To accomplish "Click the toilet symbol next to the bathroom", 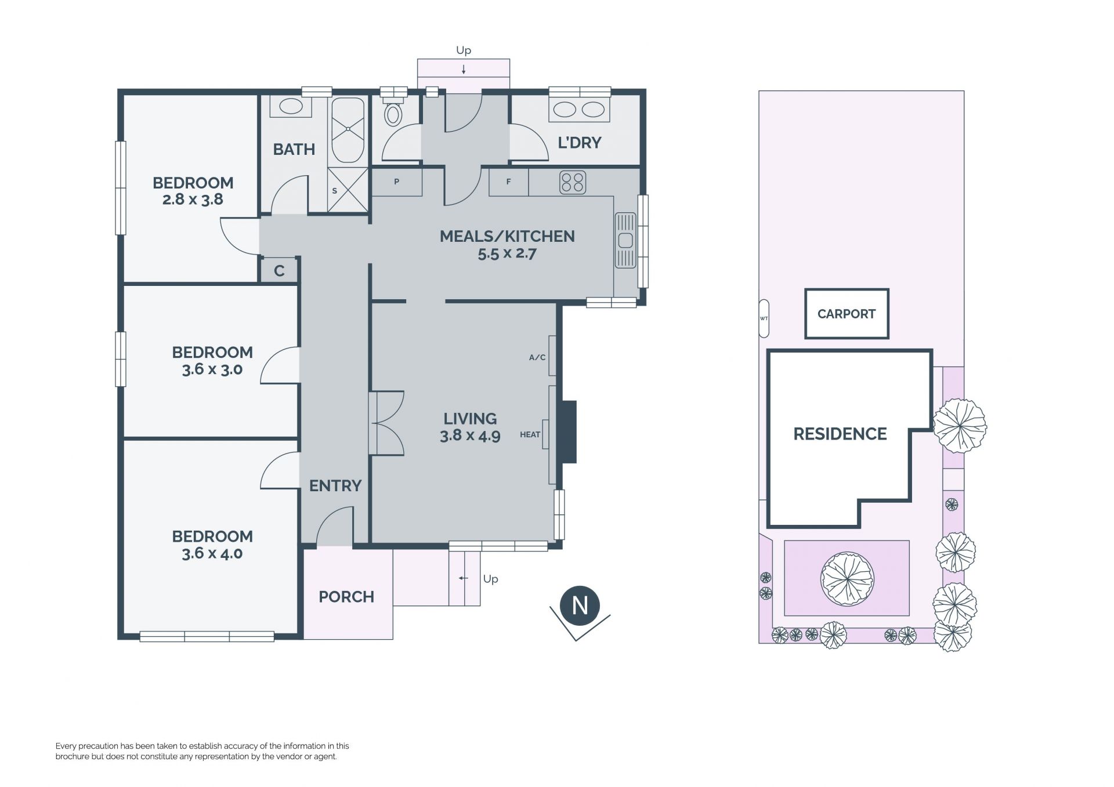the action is (393, 111).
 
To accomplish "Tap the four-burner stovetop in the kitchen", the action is (572, 182).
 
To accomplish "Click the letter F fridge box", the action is (509, 182).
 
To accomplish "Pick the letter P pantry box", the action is (397, 182).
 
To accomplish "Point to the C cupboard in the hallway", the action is (279, 271).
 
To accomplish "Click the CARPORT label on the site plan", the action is (846, 314).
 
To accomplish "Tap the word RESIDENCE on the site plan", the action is (840, 434).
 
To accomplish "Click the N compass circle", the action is (580, 605).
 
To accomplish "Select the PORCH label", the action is (346, 597).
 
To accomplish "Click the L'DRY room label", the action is (579, 143).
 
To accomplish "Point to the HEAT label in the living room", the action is (530, 434).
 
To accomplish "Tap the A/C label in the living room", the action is (537, 357).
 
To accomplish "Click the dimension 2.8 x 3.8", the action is (193, 200).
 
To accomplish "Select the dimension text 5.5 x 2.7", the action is (507, 253).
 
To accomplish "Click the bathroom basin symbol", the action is (291, 106).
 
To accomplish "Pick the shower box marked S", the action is (348, 189).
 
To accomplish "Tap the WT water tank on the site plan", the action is (764, 318).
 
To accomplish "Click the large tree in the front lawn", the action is (847, 578).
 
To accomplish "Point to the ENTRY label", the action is (335, 485).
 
